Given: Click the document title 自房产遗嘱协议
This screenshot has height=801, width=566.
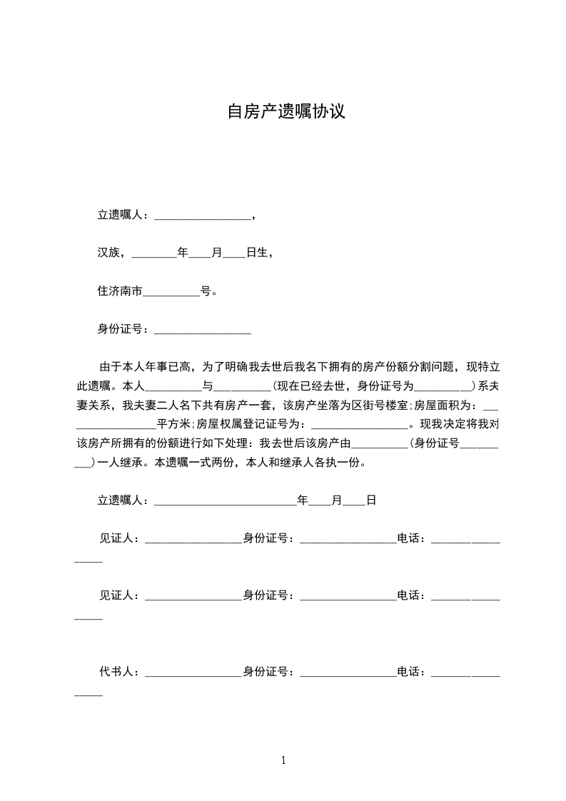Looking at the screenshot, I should point(286,112).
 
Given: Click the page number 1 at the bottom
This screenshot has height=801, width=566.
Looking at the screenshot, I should point(283,760).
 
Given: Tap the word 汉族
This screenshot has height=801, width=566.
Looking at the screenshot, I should point(108,253).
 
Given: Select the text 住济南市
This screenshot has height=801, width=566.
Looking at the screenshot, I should point(120,291).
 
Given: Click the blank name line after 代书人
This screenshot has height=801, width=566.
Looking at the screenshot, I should point(193,675).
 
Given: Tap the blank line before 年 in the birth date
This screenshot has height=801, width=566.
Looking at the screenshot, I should point(154,255).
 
